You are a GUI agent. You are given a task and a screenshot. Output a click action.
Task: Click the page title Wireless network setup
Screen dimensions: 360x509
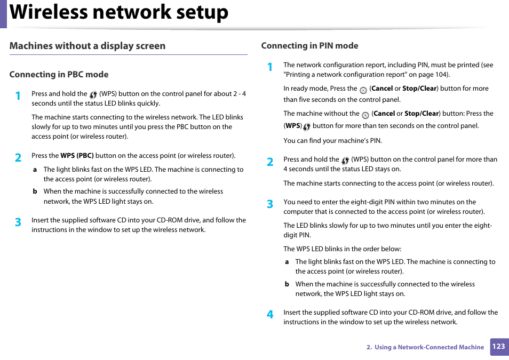[119, 13]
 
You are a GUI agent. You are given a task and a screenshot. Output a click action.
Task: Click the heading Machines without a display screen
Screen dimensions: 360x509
[88, 46]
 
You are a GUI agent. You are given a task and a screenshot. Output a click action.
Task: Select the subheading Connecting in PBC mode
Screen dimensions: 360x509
[59, 75]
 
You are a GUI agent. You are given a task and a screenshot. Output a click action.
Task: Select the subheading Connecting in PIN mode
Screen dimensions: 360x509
[309, 46]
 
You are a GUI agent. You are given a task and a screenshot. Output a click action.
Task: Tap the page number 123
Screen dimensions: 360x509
[498, 346]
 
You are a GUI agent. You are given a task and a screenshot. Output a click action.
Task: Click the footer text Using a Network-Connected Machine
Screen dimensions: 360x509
[429, 347]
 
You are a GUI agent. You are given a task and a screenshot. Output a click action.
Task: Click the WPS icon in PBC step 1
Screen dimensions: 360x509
[93, 94]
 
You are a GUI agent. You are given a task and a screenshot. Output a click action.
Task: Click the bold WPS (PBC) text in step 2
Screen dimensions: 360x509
[77, 156]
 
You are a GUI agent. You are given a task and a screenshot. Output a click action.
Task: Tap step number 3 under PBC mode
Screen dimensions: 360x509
[18, 222]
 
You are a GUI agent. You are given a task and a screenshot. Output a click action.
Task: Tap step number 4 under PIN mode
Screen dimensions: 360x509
[270, 315]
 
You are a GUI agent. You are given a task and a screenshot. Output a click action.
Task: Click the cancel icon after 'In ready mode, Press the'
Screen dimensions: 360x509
[363, 90]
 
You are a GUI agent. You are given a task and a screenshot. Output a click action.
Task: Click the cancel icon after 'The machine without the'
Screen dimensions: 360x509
[365, 115]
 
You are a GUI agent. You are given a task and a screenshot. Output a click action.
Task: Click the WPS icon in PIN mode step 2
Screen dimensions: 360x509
[345, 160]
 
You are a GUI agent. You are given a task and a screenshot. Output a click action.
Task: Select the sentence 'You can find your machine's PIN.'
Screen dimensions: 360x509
[332, 141]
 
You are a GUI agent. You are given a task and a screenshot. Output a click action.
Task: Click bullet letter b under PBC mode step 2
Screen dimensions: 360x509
[35, 191]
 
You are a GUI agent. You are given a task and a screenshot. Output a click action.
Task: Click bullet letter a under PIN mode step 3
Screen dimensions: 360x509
[287, 262]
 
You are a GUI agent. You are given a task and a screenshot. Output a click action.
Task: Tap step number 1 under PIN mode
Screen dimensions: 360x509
[270, 67]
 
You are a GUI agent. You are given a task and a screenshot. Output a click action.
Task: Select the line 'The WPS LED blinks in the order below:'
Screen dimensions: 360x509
[342, 249]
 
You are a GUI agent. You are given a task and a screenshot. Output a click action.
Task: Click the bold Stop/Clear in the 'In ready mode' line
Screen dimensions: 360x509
[419, 89]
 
